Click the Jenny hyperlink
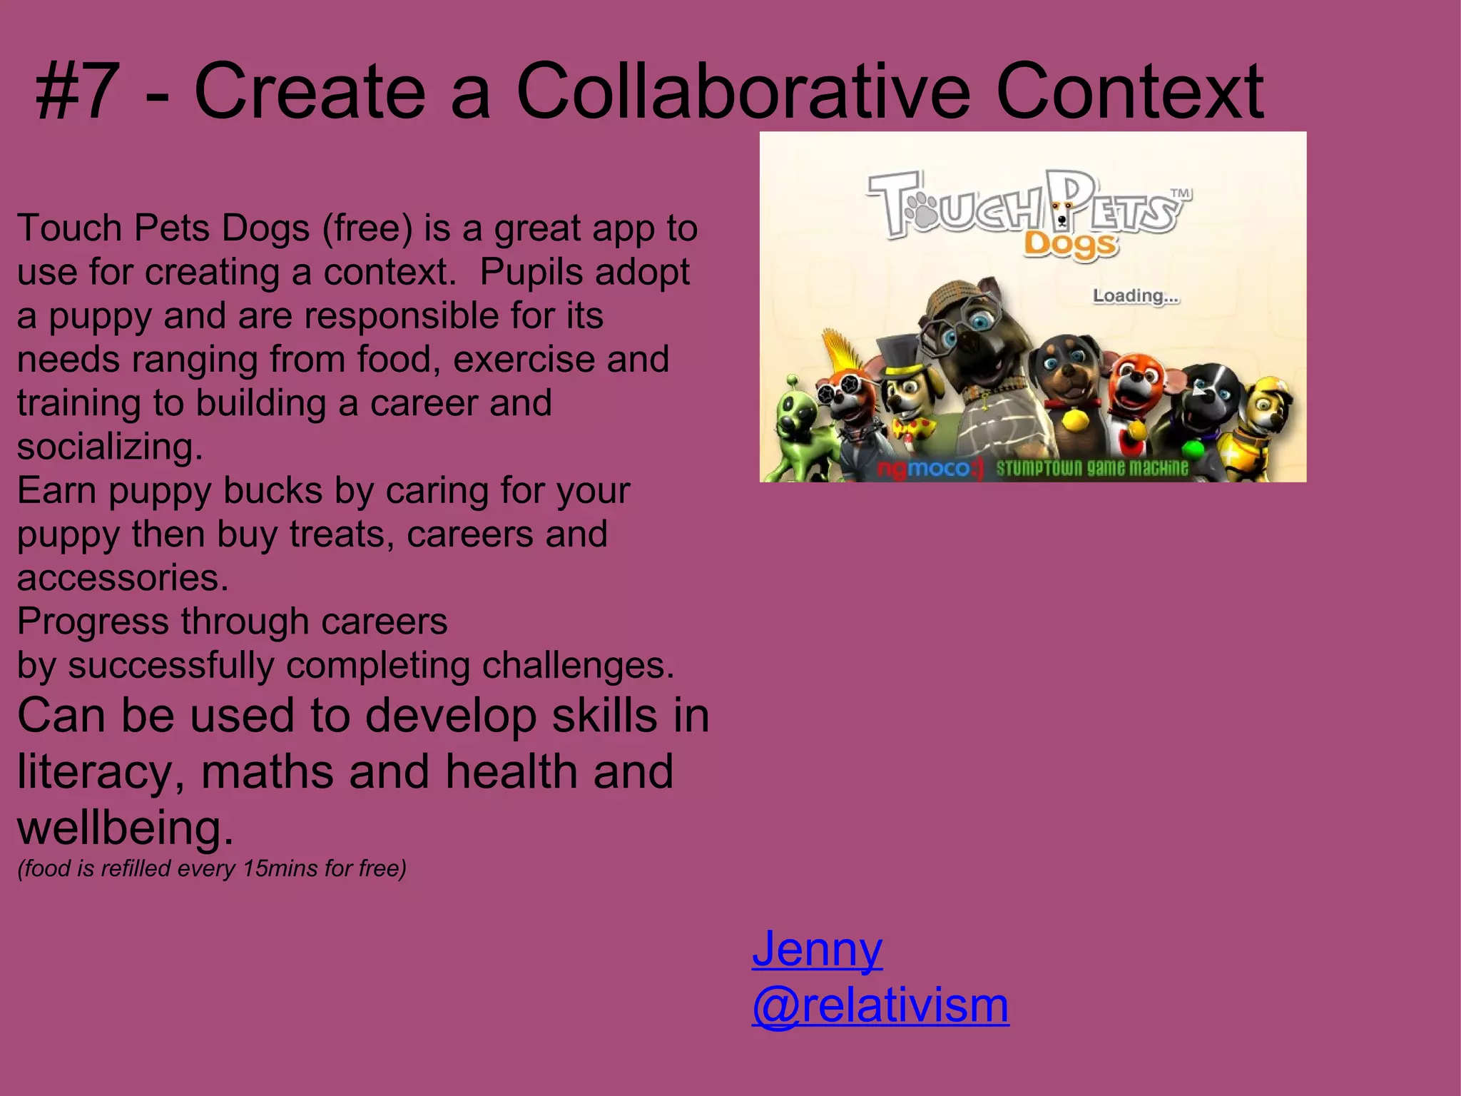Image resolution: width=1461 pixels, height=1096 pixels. tap(818, 949)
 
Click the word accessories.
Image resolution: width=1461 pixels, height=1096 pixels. tap(123, 578)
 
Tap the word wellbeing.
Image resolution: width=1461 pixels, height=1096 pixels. tap(125, 828)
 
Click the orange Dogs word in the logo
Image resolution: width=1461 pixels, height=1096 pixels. tap(1070, 245)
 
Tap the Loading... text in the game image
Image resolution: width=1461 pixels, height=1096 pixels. tap(1136, 295)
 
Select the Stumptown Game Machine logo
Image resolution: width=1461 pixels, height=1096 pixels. tap(1092, 468)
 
